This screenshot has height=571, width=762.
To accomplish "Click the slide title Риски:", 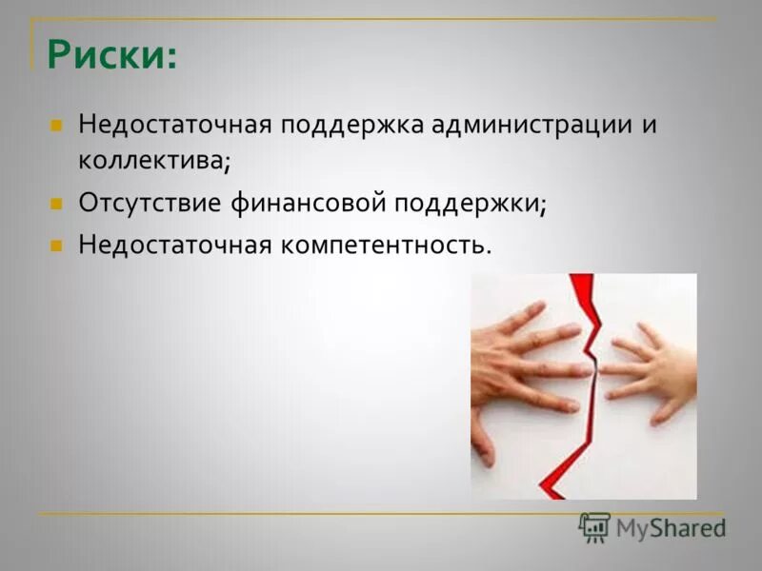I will tap(112, 54).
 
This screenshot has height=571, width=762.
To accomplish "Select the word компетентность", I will tap(385, 246).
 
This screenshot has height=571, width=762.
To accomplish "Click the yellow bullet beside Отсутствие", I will tap(56, 203).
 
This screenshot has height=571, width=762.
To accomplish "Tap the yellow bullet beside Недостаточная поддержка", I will tap(56, 125).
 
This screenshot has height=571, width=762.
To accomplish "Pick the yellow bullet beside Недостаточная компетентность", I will tap(56, 246).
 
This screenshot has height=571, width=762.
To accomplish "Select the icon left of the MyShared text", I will tap(594, 526).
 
